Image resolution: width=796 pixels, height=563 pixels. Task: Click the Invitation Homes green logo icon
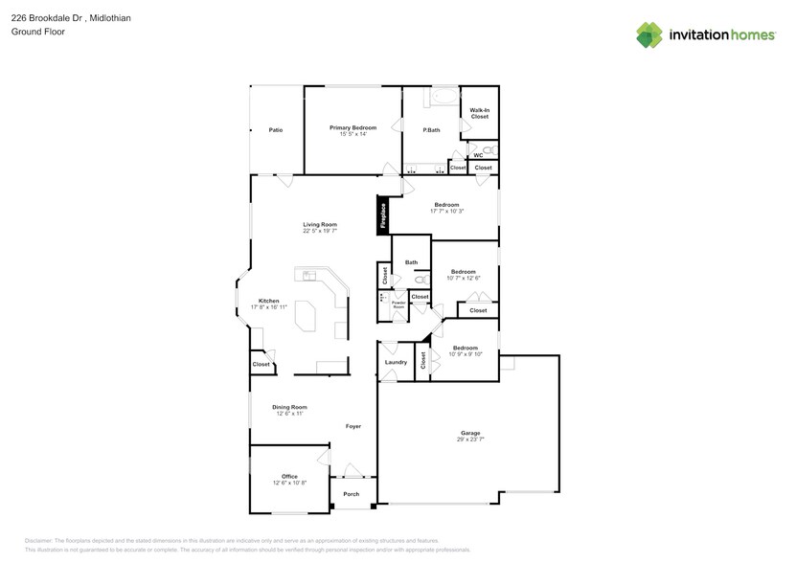pos(649,34)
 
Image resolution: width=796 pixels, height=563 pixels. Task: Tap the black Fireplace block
pos(383,215)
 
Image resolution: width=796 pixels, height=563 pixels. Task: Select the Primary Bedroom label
pos(353,127)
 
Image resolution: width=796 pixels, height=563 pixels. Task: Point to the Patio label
pos(275,129)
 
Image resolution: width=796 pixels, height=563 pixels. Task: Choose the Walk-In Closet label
pos(479,113)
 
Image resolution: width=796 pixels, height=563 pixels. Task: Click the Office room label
pos(289,476)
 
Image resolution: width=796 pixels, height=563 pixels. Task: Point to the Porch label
pos(352,494)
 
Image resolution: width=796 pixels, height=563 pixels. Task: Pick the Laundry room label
pos(396,363)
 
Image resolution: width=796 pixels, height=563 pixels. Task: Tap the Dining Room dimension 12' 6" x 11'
pos(289,414)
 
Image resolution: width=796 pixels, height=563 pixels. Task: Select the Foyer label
pos(353,426)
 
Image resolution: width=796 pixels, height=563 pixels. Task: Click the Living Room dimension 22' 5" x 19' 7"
pos(320,231)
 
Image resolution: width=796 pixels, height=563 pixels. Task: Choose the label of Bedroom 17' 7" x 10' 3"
pos(446,204)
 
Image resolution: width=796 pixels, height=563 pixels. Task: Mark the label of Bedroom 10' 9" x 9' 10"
pos(466,348)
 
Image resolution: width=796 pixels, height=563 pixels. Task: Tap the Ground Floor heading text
pos(34,32)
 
